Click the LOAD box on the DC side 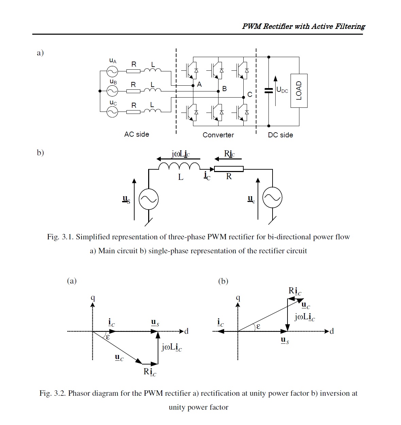click(x=299, y=91)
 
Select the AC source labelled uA click(x=112, y=71)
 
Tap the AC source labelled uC click(x=112, y=112)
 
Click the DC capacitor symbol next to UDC click(x=268, y=90)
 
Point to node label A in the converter click(x=199, y=84)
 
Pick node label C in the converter click(x=250, y=95)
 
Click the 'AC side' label click(x=137, y=134)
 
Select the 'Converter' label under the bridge click(x=218, y=135)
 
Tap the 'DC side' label click(x=280, y=135)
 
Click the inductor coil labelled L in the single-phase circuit click(x=179, y=166)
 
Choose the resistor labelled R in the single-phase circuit click(x=229, y=169)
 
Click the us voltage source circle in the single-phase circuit click(x=149, y=199)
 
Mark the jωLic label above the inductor click(x=180, y=154)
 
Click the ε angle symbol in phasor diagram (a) click(x=108, y=337)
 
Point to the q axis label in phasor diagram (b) click(x=238, y=298)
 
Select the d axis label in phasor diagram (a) click(x=186, y=331)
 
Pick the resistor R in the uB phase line click(x=133, y=91)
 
